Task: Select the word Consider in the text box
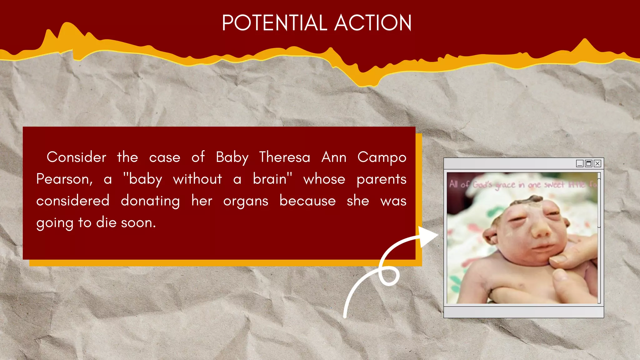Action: coord(76,157)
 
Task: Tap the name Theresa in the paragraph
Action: coord(284,157)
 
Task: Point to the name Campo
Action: coord(382,157)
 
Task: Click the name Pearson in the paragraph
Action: coord(64,179)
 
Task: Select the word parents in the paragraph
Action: coord(381,179)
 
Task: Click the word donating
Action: coord(150,201)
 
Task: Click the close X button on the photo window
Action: coord(597,163)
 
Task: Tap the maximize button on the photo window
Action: coord(588,163)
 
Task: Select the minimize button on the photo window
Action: coord(580,163)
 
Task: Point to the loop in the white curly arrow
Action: coord(389,276)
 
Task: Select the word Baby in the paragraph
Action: coord(232,157)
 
